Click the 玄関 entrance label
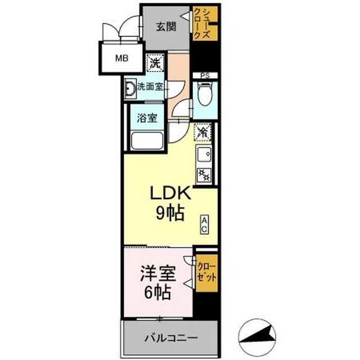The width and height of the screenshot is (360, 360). pos(166,26)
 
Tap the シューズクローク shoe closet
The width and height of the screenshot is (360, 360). pos(205,24)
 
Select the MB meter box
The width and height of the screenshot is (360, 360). pos(121,58)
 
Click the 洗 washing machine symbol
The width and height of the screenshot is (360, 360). pos(155,62)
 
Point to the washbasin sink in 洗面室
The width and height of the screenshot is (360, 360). pos(130,88)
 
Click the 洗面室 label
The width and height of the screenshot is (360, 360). pos(150,87)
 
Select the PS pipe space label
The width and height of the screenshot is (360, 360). pos(205,76)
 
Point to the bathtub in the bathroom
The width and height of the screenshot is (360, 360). pos(147,141)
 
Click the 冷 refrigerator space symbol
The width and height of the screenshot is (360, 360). pos(202,132)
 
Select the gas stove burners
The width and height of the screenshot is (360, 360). pos(204,175)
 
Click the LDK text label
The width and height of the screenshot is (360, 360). pos(170,193)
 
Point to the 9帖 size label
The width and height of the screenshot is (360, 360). pos(170,213)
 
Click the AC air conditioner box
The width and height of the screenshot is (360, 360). pos(204,224)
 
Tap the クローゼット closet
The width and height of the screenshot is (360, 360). pos(206,273)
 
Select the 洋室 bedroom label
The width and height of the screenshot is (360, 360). pos(159,273)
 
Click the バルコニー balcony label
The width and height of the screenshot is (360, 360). pos(171,337)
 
